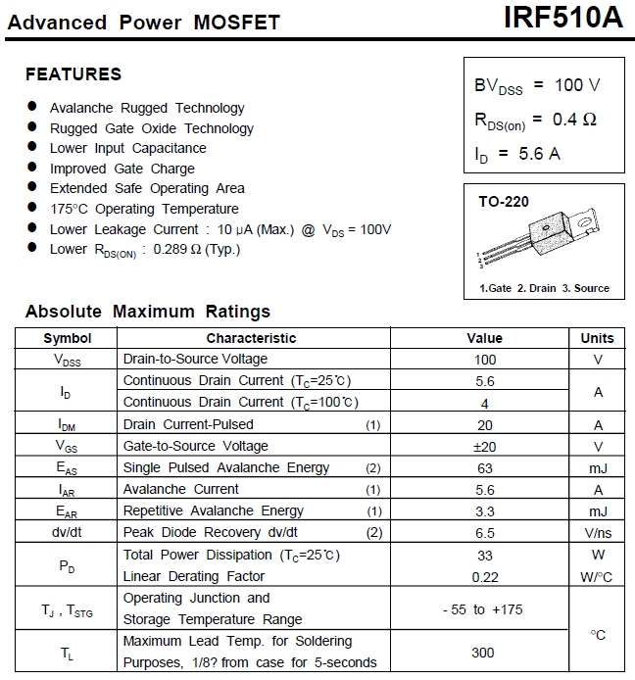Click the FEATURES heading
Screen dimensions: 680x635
pyautogui.click(x=73, y=74)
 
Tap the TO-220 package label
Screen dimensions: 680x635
pyautogui.click(x=504, y=202)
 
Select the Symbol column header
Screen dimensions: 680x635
pyautogui.click(x=68, y=338)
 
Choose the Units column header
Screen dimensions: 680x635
pyautogui.click(x=597, y=338)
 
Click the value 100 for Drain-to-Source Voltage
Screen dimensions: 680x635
pyautogui.click(x=484, y=360)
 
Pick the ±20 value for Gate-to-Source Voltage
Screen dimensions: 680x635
pyautogui.click(x=484, y=446)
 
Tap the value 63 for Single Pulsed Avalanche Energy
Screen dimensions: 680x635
pyautogui.click(x=484, y=467)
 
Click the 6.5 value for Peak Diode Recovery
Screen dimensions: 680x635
pyautogui.click(x=484, y=532)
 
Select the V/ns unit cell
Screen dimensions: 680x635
pyautogui.click(x=597, y=532)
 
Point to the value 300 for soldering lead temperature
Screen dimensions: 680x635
pyautogui.click(x=484, y=652)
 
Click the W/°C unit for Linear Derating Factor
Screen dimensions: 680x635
pyautogui.click(x=597, y=577)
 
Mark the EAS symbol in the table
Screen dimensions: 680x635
pyautogui.click(x=68, y=468)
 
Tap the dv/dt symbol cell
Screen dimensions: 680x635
pyautogui.click(x=68, y=532)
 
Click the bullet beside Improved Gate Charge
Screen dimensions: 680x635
pyautogui.click(x=32, y=168)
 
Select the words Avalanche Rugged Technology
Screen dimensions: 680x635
pyautogui.click(x=147, y=108)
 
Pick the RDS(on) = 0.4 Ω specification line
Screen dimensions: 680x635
pyautogui.click(x=535, y=120)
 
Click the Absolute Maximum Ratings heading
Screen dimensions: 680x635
pyautogui.click(x=148, y=312)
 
